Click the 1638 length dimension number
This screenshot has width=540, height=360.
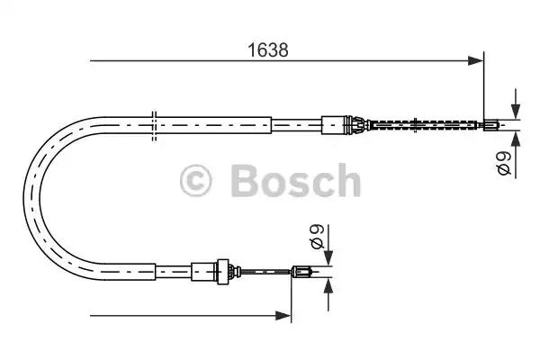click(268, 50)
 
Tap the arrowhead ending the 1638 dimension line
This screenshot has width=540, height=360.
click(476, 61)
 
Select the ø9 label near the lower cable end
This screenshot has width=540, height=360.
click(317, 237)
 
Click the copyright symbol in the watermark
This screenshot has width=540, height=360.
click(195, 181)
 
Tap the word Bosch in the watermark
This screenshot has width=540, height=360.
click(295, 180)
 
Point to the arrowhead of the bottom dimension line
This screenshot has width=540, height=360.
click(283, 315)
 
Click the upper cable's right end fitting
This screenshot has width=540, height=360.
click(490, 124)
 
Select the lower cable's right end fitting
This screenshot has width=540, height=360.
click(301, 272)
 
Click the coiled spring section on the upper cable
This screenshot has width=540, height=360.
click(426, 125)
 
